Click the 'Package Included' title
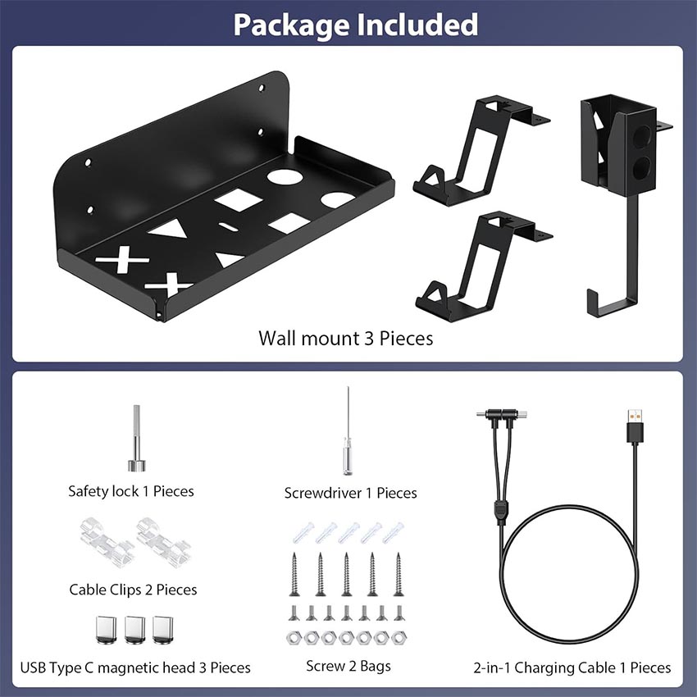(356, 25)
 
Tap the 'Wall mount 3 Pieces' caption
(346, 339)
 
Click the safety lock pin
(136, 438)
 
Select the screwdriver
(348, 431)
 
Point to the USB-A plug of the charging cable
(635, 426)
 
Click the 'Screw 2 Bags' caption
(348, 666)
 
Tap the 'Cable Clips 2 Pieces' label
(133, 590)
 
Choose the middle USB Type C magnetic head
(135, 630)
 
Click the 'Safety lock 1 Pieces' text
(131, 491)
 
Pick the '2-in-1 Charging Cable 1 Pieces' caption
(572, 667)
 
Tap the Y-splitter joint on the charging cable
(501, 511)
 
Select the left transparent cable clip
(107, 541)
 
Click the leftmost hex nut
(294, 638)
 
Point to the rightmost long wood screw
(399, 574)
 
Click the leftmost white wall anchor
(303, 532)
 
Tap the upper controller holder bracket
(481, 151)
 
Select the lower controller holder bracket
(484, 266)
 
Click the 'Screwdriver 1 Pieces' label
(350, 493)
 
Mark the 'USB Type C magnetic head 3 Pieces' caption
(135, 667)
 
